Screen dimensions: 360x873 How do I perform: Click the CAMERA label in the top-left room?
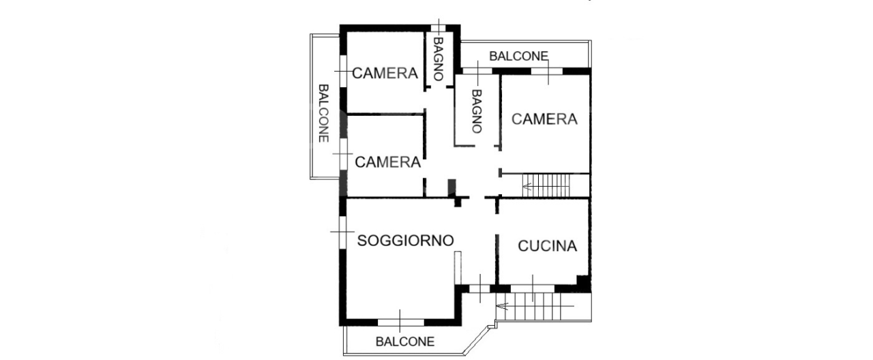[385, 73]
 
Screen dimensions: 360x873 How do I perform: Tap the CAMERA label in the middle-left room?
[387, 162]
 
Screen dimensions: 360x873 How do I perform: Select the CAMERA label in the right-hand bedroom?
[544, 119]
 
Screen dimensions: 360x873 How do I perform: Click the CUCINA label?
[547, 246]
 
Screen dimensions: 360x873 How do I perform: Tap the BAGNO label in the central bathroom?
[476, 111]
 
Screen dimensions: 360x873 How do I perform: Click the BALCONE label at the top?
[518, 56]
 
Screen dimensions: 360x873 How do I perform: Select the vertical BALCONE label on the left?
[324, 113]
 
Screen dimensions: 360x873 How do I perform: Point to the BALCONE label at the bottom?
[404, 342]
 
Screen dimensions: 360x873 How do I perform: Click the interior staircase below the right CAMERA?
[546, 185]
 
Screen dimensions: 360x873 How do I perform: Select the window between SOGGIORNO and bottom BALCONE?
[401, 321]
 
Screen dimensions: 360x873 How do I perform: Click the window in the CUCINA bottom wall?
[533, 288]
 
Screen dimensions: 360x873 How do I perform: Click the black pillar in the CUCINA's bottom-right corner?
[583, 281]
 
